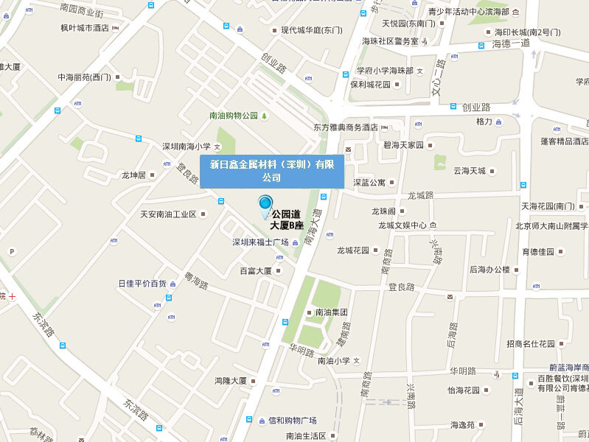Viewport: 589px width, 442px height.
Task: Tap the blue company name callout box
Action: coord(272,171)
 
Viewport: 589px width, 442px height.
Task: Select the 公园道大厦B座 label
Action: coord(287,220)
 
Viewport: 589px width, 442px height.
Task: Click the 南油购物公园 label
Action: coord(234,116)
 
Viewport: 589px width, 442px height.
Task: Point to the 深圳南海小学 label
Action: coord(187,146)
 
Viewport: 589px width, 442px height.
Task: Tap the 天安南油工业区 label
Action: coord(168,214)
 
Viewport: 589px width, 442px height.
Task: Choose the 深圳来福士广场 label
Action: coord(260,242)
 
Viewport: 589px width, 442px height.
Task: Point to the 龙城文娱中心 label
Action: coord(402,225)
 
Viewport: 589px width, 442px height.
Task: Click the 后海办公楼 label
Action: coord(489,270)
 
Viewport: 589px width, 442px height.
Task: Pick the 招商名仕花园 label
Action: coord(531,343)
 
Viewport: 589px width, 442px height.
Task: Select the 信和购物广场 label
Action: coord(292,421)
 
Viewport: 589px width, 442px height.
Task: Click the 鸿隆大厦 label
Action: coord(230,381)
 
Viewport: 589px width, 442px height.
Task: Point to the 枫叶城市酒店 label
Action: coord(85,28)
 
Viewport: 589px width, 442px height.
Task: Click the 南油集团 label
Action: coord(331,312)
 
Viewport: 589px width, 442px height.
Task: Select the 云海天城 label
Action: coord(470,171)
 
